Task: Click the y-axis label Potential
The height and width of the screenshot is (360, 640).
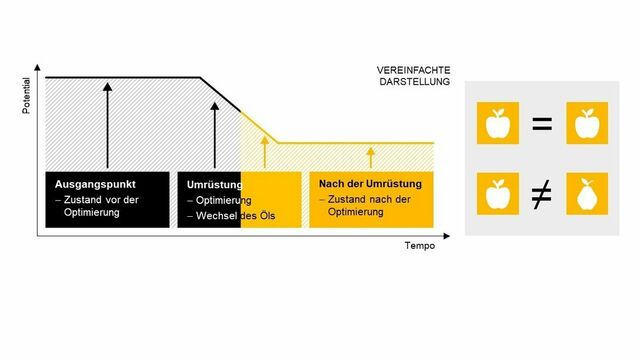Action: (x=27, y=96)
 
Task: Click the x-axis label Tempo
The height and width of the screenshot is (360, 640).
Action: (x=419, y=246)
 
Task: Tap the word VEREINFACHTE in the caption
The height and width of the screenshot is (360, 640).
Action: (x=407, y=70)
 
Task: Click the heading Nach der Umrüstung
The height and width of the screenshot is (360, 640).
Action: (x=370, y=184)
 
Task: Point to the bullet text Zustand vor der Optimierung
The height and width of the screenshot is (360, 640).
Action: (x=96, y=207)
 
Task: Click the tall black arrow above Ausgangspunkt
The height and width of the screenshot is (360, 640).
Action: (x=107, y=124)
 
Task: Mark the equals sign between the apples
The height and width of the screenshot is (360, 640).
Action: (x=541, y=125)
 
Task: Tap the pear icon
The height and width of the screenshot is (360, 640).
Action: (x=586, y=195)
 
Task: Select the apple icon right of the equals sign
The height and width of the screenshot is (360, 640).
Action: (x=586, y=125)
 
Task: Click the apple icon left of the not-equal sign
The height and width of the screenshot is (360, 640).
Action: (x=496, y=195)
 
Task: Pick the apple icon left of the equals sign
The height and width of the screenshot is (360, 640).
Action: (x=496, y=125)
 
